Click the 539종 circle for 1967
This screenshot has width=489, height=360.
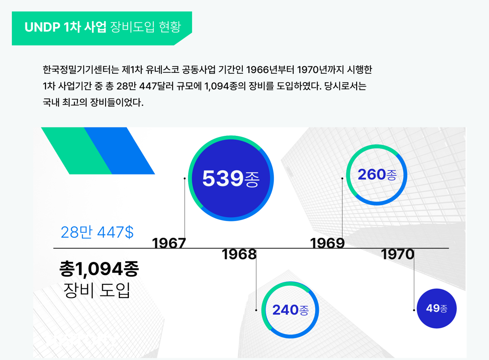point(231,178)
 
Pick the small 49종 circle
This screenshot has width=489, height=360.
point(437,308)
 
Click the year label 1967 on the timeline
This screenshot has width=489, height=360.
point(169,243)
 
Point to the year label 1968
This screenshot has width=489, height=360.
point(239,255)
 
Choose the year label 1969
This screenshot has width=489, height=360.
point(327,243)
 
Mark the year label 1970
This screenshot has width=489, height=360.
point(398,255)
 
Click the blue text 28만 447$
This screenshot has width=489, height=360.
point(97,232)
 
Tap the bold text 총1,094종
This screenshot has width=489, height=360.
point(99,269)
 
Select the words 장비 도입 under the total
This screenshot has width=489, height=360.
point(97,290)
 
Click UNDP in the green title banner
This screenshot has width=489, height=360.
point(42,27)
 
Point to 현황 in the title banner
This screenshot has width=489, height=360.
point(170,27)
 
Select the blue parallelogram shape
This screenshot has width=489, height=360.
point(120,150)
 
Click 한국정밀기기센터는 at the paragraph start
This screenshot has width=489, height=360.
point(81,69)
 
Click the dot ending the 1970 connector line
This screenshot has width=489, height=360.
point(414,310)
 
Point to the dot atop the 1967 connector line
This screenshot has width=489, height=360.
point(185,178)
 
